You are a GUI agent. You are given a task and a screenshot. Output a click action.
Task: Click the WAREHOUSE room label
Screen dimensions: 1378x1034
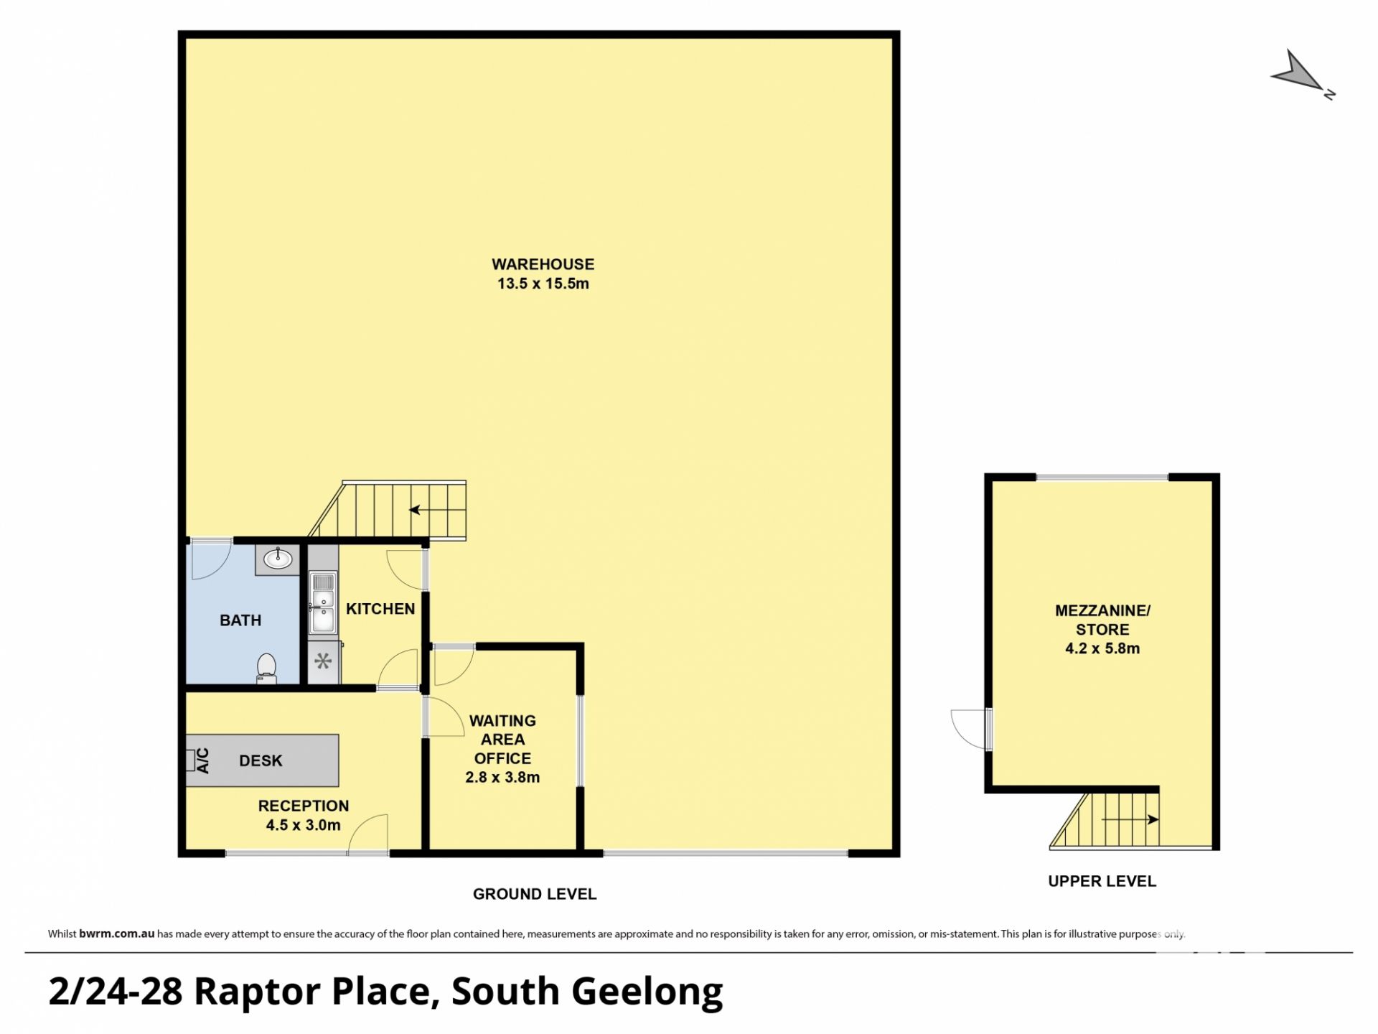[x=543, y=264]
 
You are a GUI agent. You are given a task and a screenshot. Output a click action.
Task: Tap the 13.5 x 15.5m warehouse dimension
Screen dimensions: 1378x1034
[x=543, y=284]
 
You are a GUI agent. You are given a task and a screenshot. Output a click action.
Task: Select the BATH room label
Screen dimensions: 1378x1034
[x=240, y=620]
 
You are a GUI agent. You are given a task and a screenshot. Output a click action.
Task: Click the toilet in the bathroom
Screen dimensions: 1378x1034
[x=267, y=668]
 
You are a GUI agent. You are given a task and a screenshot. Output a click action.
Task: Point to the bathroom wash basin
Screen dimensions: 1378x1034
[x=278, y=559]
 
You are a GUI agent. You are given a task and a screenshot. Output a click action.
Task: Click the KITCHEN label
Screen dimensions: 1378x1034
[x=380, y=609]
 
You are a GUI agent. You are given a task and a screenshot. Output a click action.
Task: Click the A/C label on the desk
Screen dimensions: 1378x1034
[x=202, y=760]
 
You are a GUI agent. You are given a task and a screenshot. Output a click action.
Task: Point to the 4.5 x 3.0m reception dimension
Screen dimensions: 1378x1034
[x=304, y=825]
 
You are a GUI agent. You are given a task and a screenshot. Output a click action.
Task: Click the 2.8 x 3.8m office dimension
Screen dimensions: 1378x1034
[x=502, y=777]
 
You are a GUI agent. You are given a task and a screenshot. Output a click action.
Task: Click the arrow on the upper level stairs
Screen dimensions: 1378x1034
[x=1130, y=819]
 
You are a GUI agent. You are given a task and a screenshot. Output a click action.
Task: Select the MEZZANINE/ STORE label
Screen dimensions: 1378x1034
[x=1102, y=620]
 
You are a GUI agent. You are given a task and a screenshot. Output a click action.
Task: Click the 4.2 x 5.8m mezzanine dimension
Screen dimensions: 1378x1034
[x=1102, y=648]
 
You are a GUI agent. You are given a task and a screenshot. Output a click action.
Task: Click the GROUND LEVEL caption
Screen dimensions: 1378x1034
[x=535, y=894]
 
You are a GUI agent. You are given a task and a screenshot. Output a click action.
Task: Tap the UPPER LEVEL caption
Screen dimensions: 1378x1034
[x=1102, y=881]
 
